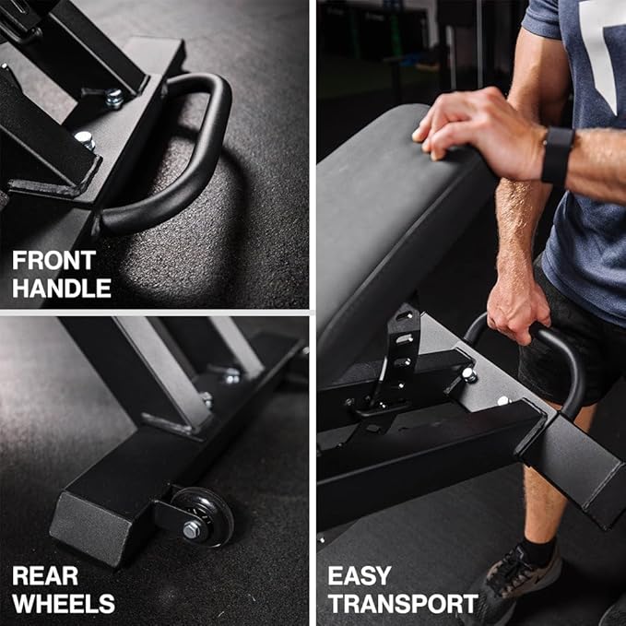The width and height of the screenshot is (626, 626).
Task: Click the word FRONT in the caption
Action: click(x=53, y=260)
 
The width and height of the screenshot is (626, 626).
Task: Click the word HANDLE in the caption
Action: click(x=62, y=288)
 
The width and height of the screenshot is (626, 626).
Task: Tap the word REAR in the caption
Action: click(x=45, y=576)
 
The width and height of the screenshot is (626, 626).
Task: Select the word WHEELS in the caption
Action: click(x=64, y=603)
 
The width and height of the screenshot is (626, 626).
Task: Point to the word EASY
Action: click(x=360, y=576)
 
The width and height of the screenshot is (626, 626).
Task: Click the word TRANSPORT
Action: click(x=403, y=603)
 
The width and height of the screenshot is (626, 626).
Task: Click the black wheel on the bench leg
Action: click(x=204, y=517)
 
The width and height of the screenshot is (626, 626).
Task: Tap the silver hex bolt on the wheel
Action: click(x=192, y=529)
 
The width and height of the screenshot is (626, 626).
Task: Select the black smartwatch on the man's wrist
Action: click(x=558, y=155)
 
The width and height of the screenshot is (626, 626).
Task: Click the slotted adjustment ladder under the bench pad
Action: click(x=401, y=351)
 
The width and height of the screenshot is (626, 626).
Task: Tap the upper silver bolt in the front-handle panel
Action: click(x=113, y=98)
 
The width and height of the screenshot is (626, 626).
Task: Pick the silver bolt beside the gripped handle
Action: click(x=468, y=374)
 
